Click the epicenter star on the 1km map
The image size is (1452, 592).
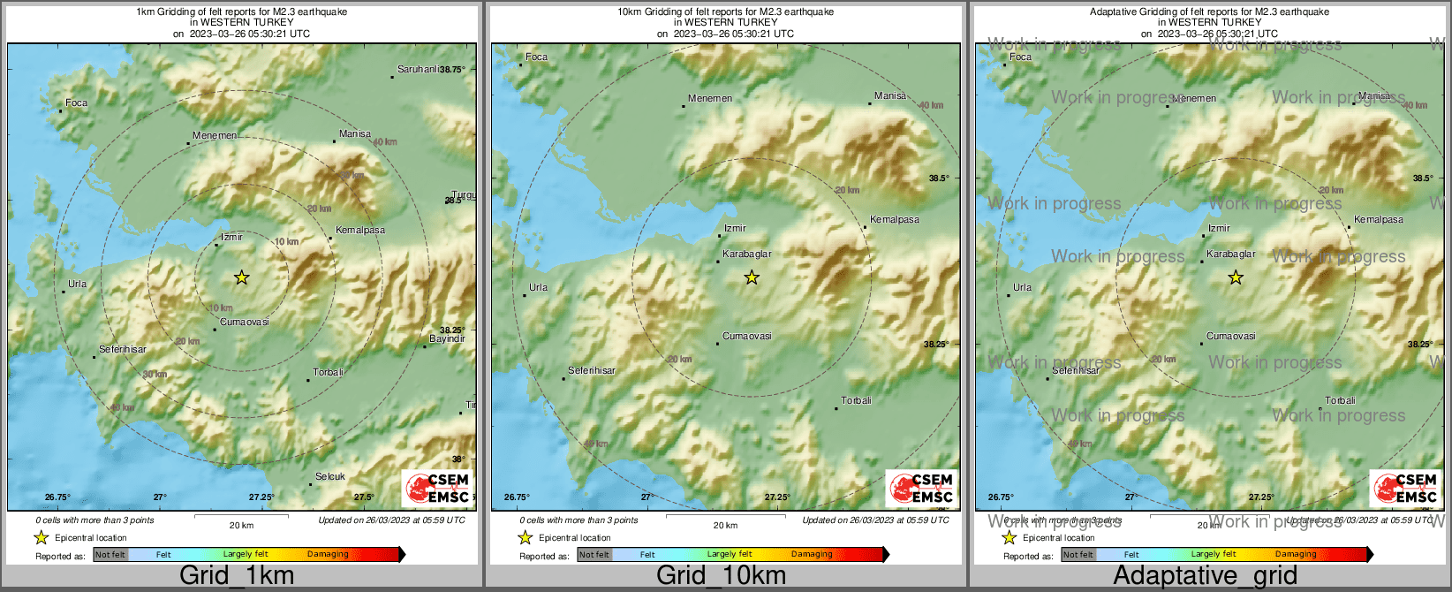pos(241,277)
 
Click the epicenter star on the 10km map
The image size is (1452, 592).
pos(752,277)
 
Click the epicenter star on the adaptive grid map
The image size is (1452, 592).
pos(1236,277)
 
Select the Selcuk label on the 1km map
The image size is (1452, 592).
pos(330,476)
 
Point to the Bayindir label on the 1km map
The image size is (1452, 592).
pos(447,338)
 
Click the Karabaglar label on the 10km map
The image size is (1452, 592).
pos(747,254)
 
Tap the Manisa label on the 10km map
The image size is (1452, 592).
pos(890,95)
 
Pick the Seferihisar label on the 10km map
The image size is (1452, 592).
pos(592,370)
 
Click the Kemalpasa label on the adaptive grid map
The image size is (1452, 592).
pos(1379,219)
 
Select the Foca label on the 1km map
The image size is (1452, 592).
pos(77,102)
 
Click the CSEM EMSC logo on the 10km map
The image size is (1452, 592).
pos(921,488)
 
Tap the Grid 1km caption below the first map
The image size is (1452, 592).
pos(237,575)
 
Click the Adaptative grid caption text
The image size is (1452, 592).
pos(1205,575)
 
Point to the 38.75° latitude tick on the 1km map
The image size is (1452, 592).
pos(453,69)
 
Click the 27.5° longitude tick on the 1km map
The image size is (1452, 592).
pos(364,497)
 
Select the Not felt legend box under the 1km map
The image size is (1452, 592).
pos(110,554)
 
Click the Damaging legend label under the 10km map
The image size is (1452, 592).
pos(812,554)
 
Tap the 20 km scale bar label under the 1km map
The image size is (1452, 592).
pos(241,525)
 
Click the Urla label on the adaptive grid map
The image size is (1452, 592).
pos(1022,287)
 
